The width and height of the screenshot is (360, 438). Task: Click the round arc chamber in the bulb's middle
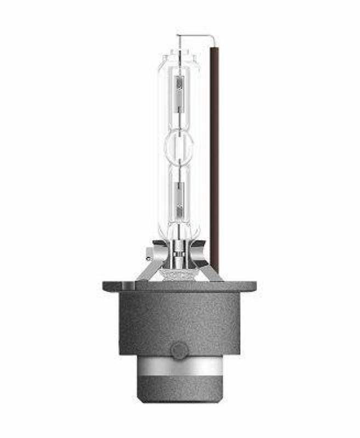(179, 145)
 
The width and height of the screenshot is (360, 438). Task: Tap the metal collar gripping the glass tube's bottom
(179, 249)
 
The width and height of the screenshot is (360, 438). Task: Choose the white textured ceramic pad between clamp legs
(179, 274)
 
